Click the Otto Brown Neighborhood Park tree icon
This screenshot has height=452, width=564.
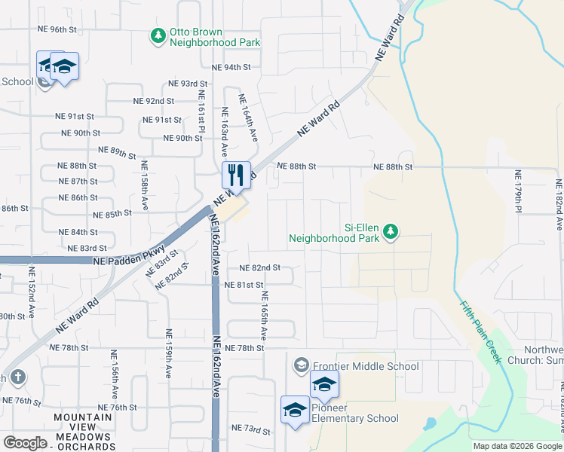click(158, 35)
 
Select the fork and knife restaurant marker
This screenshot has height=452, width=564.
click(236, 175)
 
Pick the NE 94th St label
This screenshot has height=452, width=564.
click(231, 67)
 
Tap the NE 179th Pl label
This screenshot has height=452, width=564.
click(519, 200)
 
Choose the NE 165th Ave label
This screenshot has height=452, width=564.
click(264, 313)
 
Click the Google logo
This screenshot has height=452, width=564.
click(25, 443)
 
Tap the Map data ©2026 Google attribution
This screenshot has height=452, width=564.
click(516, 446)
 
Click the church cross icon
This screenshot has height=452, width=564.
click(19, 376)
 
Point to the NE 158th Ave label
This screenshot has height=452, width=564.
click(144, 185)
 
